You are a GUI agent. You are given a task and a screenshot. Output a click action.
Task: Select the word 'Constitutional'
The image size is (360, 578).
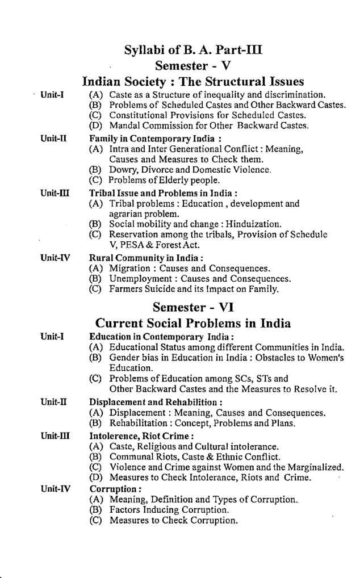tap(139, 113)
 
